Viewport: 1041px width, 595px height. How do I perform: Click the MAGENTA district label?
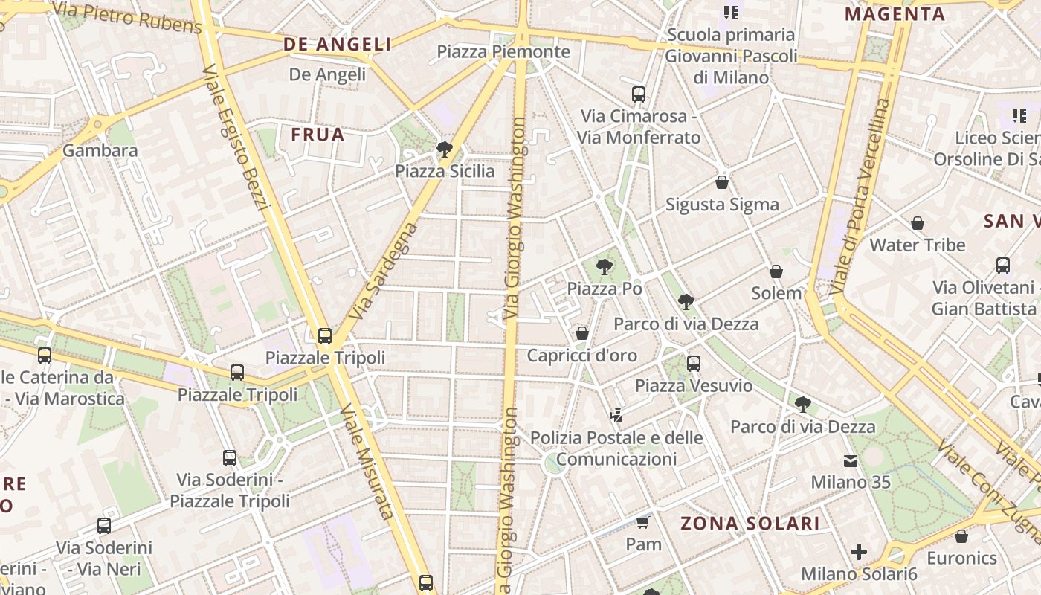tap(895, 14)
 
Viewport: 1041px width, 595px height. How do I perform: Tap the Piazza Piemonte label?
tap(503, 52)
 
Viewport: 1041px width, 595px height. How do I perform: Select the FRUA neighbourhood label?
tap(318, 135)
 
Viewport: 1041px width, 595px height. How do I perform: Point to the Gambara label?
tap(100, 151)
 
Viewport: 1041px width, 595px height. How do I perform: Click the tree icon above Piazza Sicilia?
tap(445, 149)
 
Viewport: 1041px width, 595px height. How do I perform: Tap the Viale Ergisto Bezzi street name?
tap(234, 138)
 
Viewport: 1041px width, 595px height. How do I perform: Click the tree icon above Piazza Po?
tap(605, 266)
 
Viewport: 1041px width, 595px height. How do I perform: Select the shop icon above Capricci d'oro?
tap(582, 333)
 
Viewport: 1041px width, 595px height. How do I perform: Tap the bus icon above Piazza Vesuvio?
tap(694, 364)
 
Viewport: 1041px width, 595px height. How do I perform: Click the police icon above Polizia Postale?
tap(616, 415)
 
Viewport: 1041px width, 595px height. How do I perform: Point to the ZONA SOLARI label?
tap(750, 524)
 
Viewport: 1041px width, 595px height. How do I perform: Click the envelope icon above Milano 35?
tap(851, 461)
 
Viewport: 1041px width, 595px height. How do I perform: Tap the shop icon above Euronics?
tap(961, 536)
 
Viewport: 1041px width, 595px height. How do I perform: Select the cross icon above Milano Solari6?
tap(859, 552)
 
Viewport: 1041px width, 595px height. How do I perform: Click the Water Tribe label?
tap(918, 245)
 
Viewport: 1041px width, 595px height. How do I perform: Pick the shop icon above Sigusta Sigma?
tap(721, 182)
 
